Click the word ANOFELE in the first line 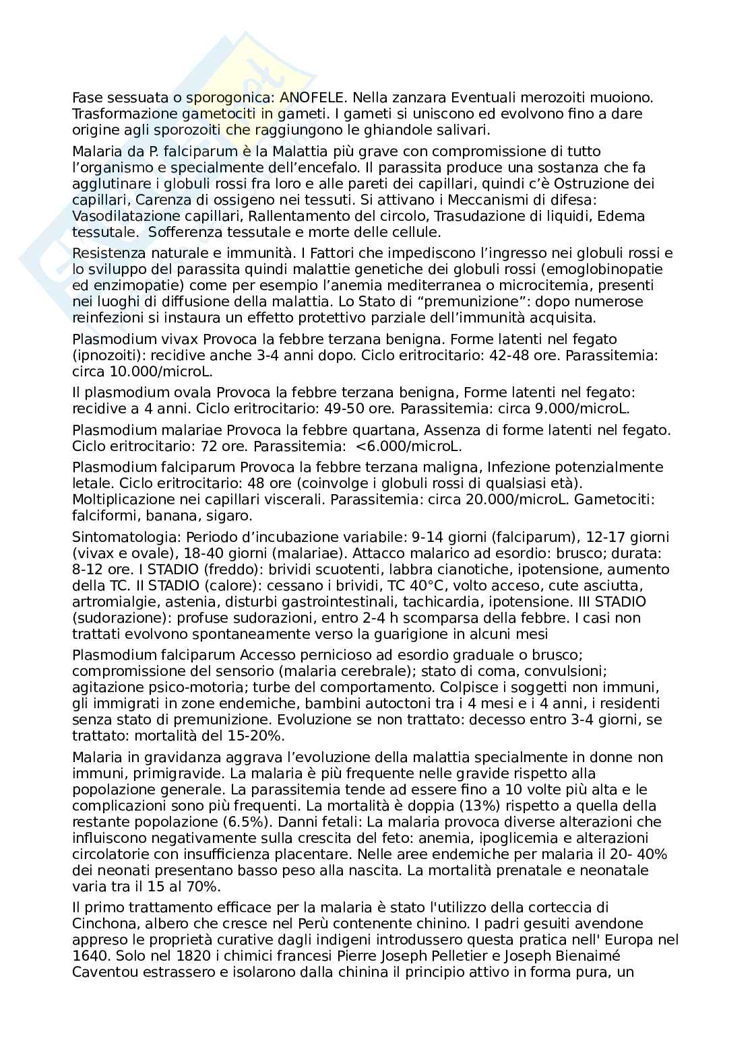pos(313,98)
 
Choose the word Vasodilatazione pos(119,216)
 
